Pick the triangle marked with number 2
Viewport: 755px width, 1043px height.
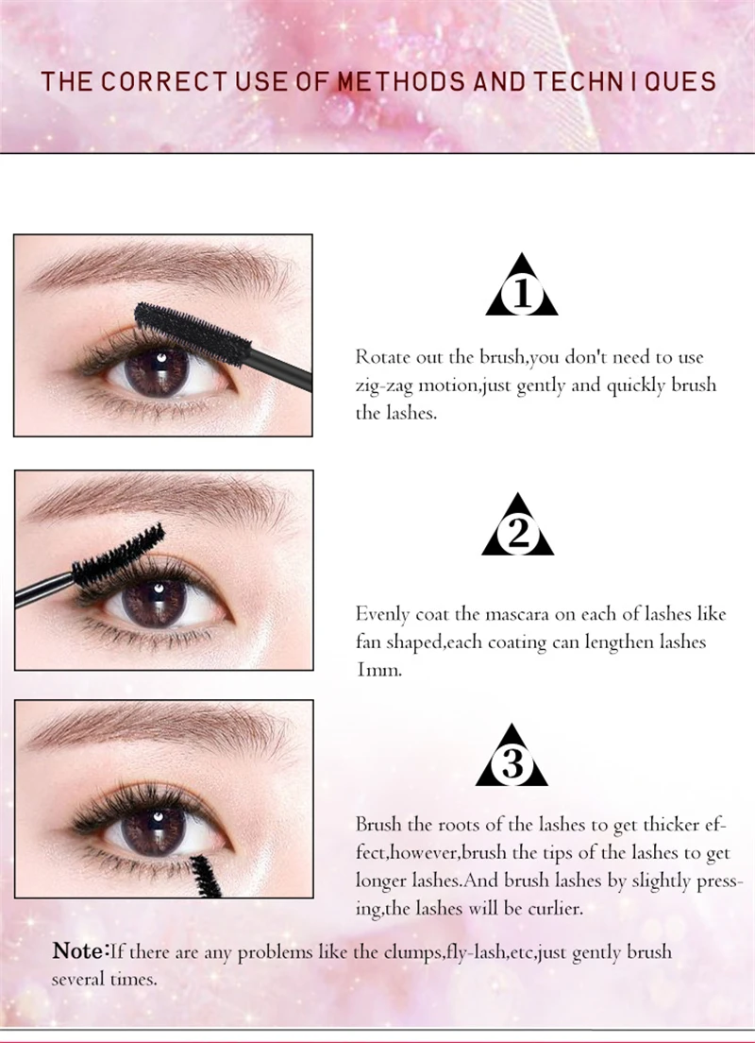click(518, 525)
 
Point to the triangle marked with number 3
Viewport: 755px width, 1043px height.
click(512, 755)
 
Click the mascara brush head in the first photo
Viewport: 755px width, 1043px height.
click(193, 333)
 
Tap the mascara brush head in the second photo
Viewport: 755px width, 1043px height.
click(119, 557)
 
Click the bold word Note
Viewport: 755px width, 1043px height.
click(77, 950)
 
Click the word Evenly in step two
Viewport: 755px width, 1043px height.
click(382, 614)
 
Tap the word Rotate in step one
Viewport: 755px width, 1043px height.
click(382, 357)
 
